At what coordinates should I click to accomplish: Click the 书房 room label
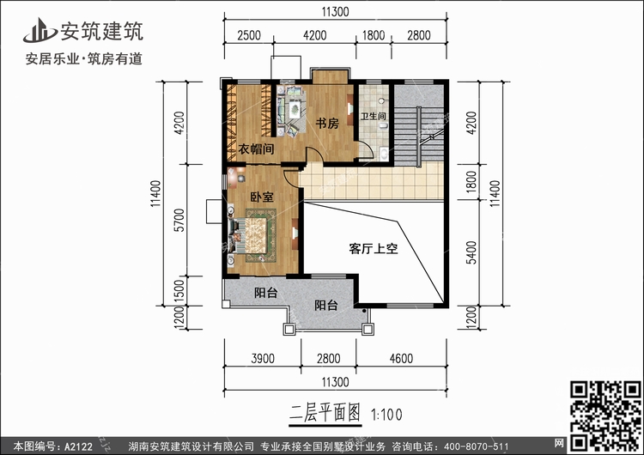point(327,124)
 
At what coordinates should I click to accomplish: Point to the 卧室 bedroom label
point(262,197)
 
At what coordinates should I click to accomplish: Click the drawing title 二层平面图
point(318,412)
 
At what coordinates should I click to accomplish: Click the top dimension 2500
point(249,35)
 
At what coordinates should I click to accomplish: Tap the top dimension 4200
point(315,35)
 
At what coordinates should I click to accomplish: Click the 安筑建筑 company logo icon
point(38,29)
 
